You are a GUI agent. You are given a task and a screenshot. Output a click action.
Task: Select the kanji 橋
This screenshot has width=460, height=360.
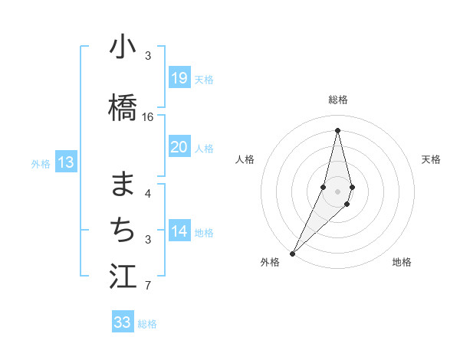(x=123, y=108)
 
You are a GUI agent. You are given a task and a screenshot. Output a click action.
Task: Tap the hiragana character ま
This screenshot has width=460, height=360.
(x=123, y=184)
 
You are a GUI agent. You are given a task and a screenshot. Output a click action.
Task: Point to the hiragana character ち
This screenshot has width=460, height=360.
(x=123, y=229)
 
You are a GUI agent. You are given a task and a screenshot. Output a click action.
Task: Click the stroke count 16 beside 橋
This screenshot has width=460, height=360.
(x=148, y=117)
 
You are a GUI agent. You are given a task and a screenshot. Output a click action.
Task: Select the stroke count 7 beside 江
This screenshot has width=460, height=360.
(x=148, y=286)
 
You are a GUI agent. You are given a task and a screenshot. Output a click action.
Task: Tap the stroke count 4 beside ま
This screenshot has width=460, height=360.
(x=148, y=193)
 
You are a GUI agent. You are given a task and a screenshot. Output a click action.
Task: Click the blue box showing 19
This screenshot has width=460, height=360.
(x=179, y=78)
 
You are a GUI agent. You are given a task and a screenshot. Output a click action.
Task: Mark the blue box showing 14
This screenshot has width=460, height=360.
(x=179, y=231)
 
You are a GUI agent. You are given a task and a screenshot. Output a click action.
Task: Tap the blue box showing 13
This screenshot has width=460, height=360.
(x=66, y=162)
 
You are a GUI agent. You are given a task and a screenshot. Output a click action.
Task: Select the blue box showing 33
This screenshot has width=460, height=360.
(x=123, y=322)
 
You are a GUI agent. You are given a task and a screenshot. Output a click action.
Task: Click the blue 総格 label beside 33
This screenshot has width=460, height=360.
(x=147, y=324)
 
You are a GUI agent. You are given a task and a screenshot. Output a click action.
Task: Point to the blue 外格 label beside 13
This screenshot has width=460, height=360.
(x=41, y=163)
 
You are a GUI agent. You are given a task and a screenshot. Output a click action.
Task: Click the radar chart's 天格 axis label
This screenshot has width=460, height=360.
(x=432, y=159)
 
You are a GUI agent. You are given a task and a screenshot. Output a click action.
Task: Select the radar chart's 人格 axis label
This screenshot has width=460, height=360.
(x=245, y=159)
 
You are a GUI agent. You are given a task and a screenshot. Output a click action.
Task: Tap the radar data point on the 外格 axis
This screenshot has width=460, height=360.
(x=292, y=253)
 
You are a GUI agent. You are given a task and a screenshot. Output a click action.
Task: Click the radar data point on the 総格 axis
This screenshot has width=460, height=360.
(x=337, y=129)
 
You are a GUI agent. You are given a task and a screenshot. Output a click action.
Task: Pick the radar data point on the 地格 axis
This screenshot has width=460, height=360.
(x=347, y=204)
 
